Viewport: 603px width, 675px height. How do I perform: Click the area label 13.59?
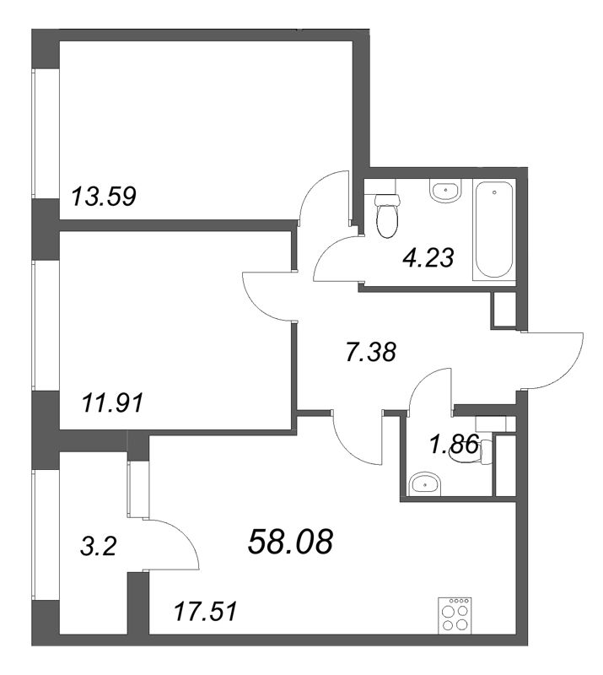[x=103, y=197]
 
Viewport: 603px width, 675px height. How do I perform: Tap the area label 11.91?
[x=112, y=404]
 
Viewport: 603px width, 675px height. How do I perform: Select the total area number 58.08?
[x=290, y=542]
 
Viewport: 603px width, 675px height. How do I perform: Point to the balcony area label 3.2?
[x=98, y=548]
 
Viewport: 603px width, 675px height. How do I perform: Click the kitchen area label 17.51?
[x=205, y=612]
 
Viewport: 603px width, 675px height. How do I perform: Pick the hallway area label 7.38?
[x=371, y=352]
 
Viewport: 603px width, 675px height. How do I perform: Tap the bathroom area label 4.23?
[x=428, y=258]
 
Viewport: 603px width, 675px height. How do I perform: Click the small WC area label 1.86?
[x=454, y=445]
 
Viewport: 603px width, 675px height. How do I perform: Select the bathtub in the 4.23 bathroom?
[x=494, y=230]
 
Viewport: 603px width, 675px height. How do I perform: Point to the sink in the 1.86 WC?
[x=425, y=484]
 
